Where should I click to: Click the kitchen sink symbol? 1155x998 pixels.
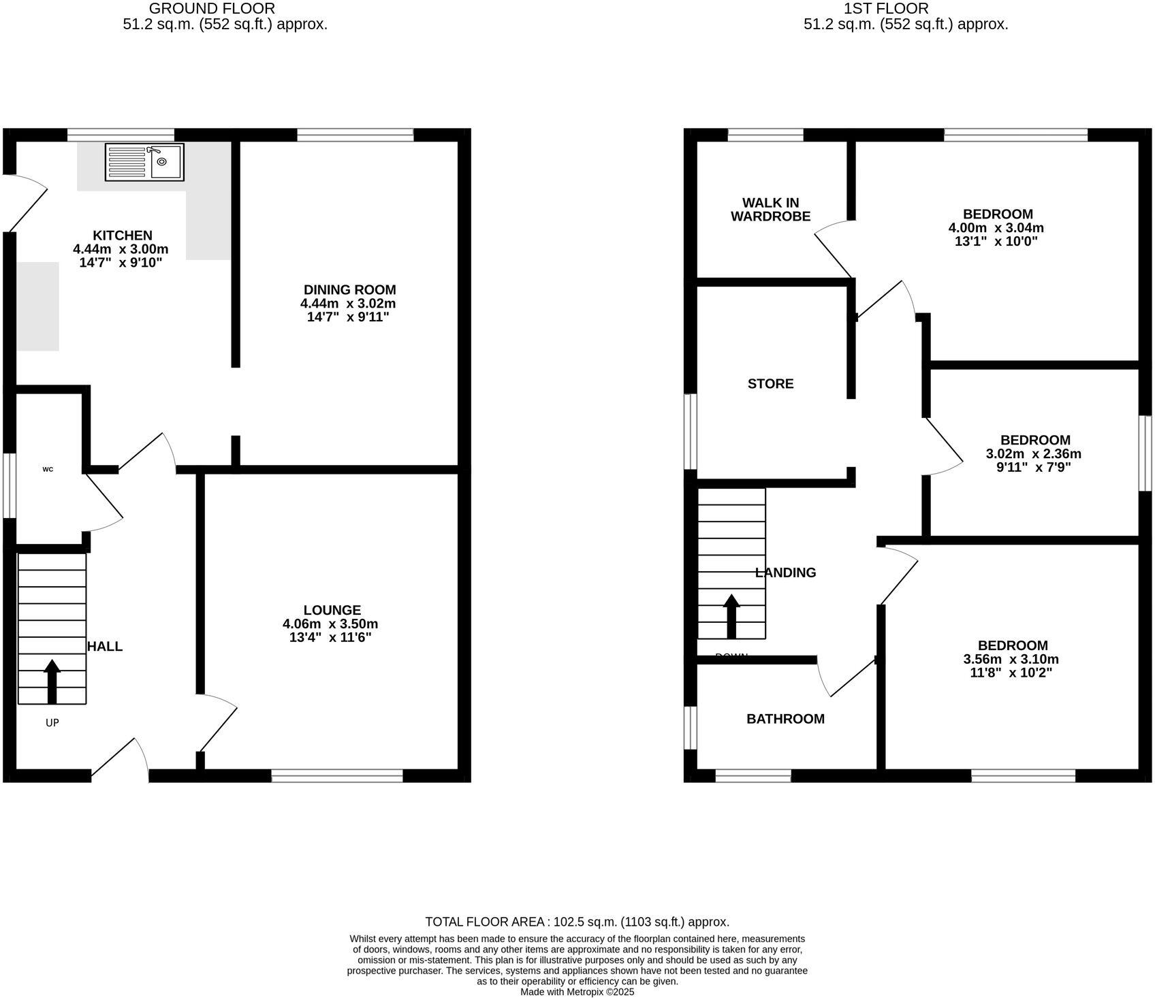click(x=144, y=162)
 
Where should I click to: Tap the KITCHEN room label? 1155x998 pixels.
click(x=123, y=236)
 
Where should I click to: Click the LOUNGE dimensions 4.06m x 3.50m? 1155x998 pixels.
click(x=330, y=624)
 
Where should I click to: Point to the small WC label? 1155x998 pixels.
click(x=48, y=469)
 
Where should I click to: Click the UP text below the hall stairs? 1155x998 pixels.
click(x=52, y=723)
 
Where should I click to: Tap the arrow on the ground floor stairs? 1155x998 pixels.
click(x=52, y=680)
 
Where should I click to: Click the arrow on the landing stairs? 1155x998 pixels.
click(x=731, y=615)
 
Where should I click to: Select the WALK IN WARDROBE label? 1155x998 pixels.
click(x=770, y=210)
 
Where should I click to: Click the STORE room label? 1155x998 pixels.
click(x=770, y=384)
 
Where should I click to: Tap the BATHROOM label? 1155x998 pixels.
click(x=785, y=719)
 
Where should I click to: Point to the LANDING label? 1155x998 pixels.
click(x=786, y=573)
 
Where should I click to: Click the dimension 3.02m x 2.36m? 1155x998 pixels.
click(x=1033, y=454)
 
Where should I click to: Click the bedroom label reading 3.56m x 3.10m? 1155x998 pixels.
click(x=1012, y=659)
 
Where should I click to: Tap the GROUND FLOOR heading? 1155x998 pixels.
click(x=212, y=9)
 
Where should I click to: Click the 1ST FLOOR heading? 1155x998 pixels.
click(x=885, y=9)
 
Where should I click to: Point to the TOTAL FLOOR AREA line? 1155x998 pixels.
click(x=577, y=922)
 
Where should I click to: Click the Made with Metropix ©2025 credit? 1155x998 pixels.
click(x=577, y=993)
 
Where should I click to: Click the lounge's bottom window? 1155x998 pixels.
click(x=337, y=775)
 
